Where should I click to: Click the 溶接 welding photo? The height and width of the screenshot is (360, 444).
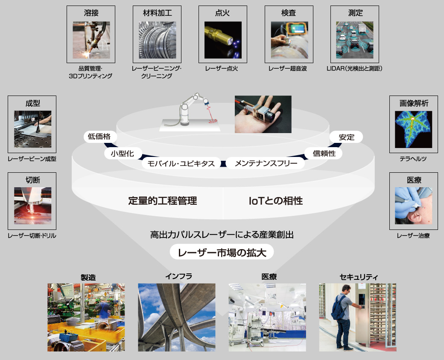pos(91,40)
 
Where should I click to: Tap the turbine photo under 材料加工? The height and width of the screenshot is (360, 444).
pos(157,40)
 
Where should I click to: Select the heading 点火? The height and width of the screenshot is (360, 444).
pos(222,13)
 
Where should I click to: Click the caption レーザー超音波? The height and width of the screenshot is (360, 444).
pos(288,69)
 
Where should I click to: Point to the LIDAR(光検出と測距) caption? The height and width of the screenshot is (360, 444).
pos(354,69)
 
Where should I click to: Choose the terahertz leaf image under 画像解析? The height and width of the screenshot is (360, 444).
pos(413,129)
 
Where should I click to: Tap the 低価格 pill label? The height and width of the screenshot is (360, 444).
pos(99,136)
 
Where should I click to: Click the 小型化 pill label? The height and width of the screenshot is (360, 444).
pos(123,154)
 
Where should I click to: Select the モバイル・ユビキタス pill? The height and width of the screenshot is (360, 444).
pos(181,163)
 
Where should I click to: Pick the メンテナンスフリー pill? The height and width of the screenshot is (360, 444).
pos(266,163)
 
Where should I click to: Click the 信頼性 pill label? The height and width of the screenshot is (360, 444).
pos(324,154)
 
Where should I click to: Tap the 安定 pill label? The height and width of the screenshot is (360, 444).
pos(346,137)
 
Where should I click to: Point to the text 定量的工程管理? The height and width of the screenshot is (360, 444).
pos(163,200)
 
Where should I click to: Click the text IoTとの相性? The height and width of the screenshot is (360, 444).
pos(275,200)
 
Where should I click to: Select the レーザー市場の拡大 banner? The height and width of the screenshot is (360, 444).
pos(222,252)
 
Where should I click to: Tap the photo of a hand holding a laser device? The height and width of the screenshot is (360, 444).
pos(263,114)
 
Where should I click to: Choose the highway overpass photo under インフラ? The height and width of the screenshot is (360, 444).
pos(177,317)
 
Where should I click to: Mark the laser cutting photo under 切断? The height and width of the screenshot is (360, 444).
pos(33,206)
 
